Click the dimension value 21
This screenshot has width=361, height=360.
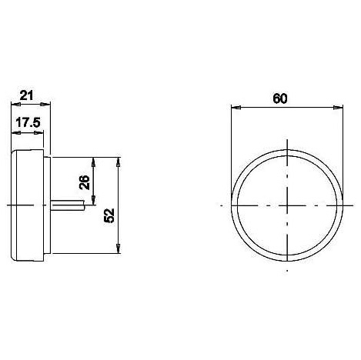27,95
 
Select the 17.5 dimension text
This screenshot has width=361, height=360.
28,122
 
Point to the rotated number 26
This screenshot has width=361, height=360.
85,182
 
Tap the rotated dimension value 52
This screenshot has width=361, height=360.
109,215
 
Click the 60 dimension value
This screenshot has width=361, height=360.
280,98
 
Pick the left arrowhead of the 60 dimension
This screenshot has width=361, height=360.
236,108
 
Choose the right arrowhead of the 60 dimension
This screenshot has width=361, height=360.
338,108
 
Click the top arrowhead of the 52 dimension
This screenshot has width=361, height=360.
118,162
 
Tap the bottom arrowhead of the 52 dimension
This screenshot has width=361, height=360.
118,248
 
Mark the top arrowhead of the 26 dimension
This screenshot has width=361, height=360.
93,162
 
